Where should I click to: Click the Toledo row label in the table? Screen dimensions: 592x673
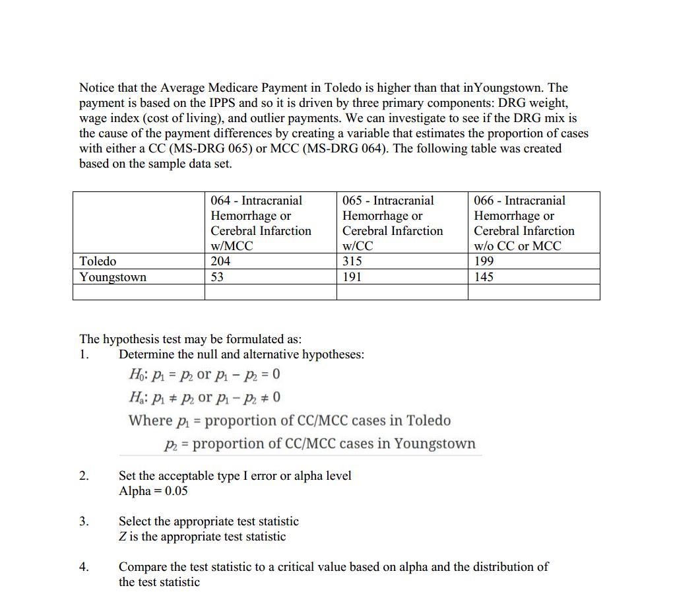point(98,261)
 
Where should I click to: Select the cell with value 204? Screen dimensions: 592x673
point(220,261)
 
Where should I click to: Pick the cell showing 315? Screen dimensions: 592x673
point(352,261)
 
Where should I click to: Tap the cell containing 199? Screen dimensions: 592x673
point(484,261)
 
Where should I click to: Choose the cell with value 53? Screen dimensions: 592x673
point(217,277)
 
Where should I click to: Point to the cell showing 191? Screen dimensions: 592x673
point(352,277)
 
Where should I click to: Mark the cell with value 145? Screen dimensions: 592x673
point(484,277)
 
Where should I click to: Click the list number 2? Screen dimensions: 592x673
point(83,476)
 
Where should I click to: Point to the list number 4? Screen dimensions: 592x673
point(83,567)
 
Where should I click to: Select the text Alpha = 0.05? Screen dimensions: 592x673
point(153,491)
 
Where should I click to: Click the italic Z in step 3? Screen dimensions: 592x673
point(123,537)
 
